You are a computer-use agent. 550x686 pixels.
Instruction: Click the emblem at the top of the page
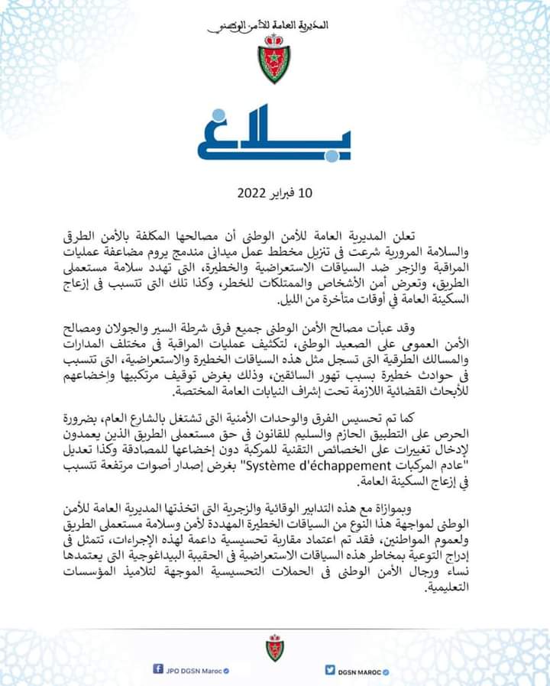click(x=273, y=60)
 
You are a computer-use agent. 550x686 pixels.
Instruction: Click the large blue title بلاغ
click(x=274, y=138)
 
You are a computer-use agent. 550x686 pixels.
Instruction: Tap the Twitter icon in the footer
click(x=329, y=669)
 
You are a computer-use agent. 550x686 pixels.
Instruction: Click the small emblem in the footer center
click(x=274, y=646)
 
